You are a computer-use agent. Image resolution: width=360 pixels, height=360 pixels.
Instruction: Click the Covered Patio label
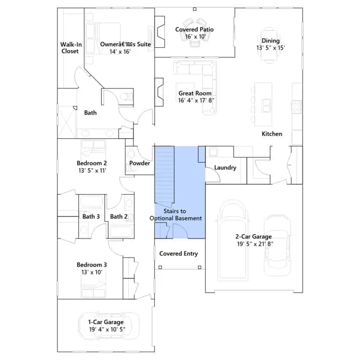pyautogui.click(x=194, y=29)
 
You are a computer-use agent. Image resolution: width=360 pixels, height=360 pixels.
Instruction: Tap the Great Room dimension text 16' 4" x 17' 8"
pyautogui.click(x=196, y=100)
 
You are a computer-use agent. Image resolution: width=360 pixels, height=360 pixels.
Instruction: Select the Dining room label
pyautogui.click(x=271, y=41)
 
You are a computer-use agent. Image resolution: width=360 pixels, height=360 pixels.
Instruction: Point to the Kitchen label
pyautogui.click(x=272, y=134)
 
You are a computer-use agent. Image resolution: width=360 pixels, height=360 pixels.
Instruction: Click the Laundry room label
pyautogui.click(x=225, y=168)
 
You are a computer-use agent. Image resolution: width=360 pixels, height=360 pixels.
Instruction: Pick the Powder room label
pyautogui.click(x=139, y=163)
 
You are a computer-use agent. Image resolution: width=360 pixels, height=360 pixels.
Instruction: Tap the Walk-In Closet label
pyautogui.click(x=71, y=48)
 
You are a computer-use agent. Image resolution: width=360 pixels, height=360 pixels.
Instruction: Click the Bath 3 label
pyautogui.click(x=91, y=217)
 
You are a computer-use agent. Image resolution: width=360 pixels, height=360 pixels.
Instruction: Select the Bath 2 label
pyautogui.click(x=119, y=217)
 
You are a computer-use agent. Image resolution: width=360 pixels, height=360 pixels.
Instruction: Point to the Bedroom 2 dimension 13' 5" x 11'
pyautogui.click(x=92, y=170)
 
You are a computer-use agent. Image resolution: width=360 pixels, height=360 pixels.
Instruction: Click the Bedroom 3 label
pyautogui.click(x=92, y=265)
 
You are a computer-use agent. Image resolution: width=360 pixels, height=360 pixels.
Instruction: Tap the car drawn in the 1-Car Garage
pyautogui.click(x=109, y=326)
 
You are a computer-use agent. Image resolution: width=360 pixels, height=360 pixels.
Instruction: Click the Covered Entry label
pyautogui.click(x=178, y=254)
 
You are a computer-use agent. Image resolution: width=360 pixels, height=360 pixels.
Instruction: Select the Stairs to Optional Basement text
pyautogui.click(x=175, y=215)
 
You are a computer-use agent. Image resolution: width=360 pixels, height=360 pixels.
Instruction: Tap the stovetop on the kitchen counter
pyautogui.click(x=296, y=107)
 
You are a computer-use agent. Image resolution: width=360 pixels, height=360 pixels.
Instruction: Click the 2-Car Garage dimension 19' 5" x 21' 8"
pyautogui.click(x=255, y=244)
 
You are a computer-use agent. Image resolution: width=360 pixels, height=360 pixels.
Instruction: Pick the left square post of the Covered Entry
pyautogui.click(x=160, y=267)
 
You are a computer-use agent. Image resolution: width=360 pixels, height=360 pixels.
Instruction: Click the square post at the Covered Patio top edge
pyautogui.click(x=195, y=9)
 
